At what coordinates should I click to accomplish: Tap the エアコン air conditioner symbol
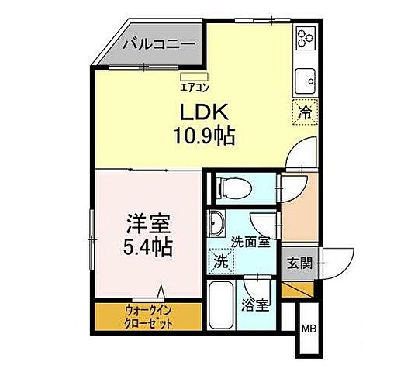coord(190,76)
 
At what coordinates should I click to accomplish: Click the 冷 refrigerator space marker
coord(305,112)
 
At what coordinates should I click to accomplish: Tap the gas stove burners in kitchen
coord(304,38)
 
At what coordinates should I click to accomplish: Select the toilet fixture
coord(230,186)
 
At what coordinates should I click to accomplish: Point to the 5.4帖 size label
coord(145,248)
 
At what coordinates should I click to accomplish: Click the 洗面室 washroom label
coord(253,243)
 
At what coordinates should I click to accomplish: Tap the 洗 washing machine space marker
coord(220,261)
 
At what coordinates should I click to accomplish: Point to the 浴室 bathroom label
coord(256,305)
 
